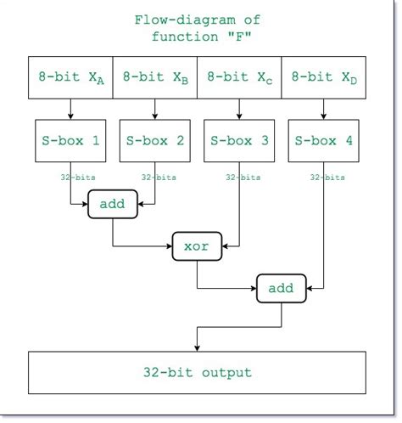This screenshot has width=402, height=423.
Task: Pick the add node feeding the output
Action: coord(281,289)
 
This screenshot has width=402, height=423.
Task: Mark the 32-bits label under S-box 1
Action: coord(70,178)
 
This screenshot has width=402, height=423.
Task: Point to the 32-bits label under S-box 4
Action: coord(327,178)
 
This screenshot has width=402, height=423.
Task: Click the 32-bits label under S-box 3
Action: coord(243,178)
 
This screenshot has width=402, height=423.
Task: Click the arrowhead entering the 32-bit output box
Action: coord(198,346)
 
